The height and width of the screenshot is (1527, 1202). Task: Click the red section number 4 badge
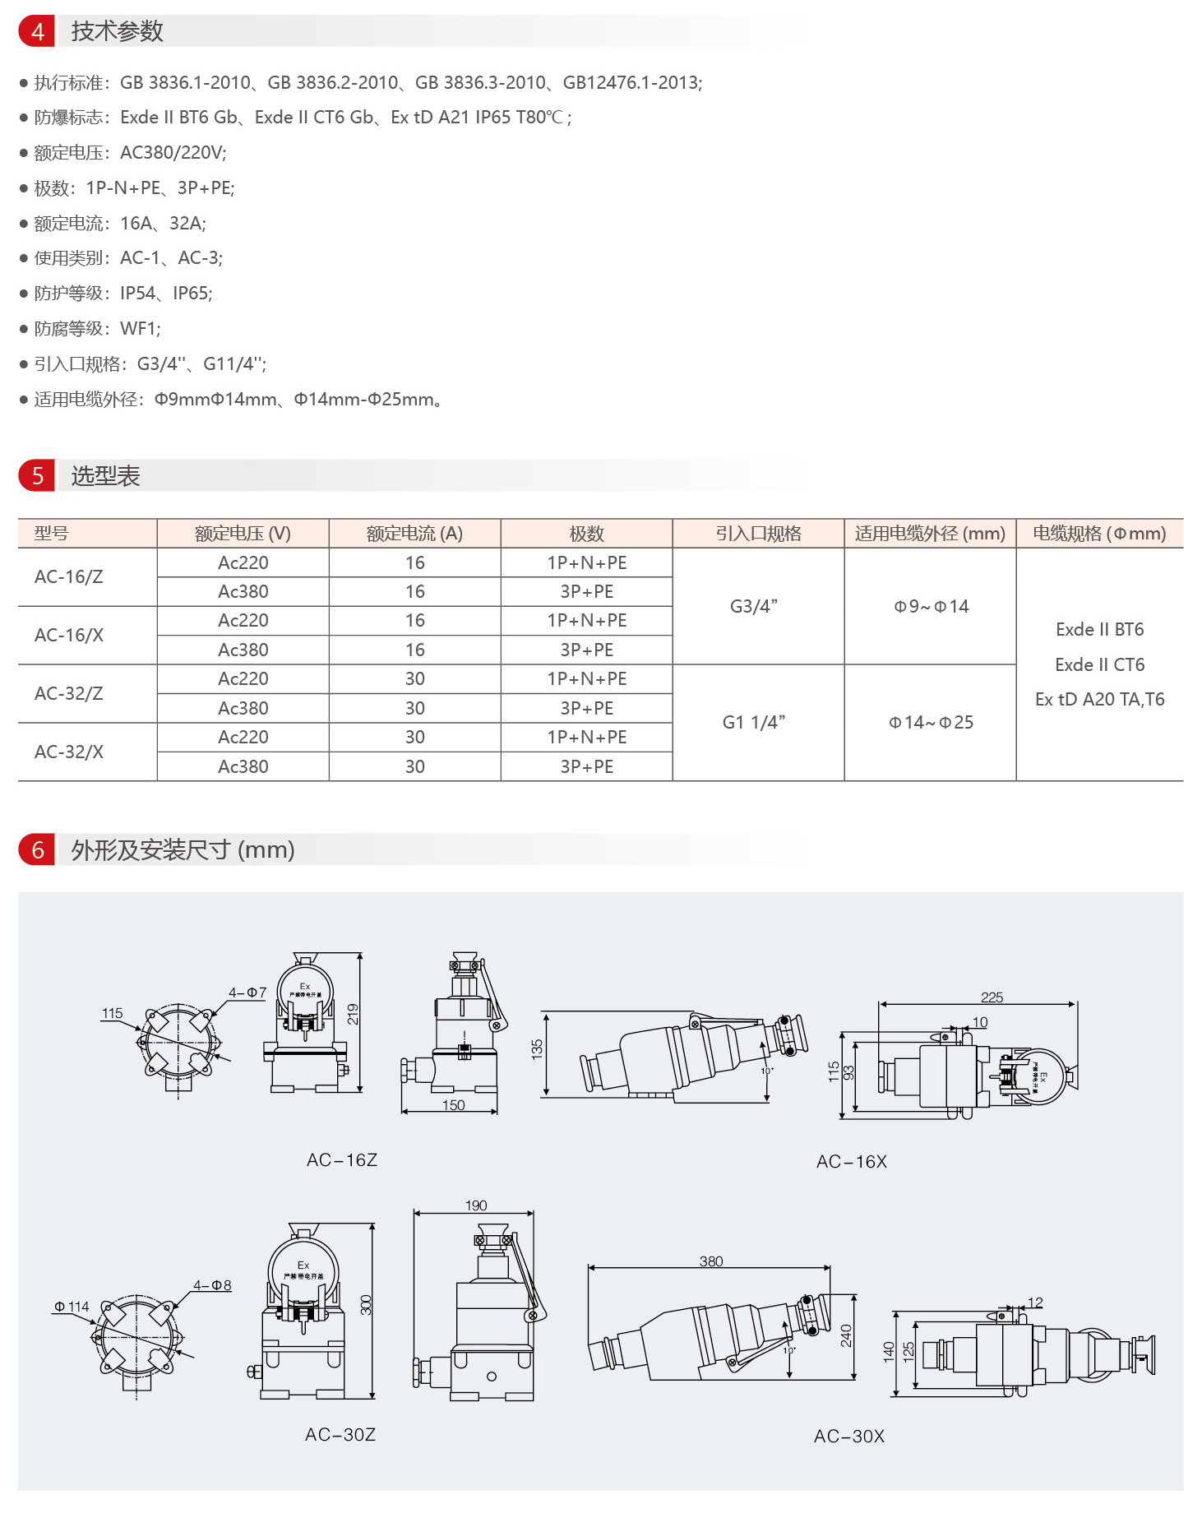coord(37,31)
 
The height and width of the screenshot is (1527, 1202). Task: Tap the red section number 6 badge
coord(37,849)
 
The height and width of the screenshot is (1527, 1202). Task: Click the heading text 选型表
coord(105,476)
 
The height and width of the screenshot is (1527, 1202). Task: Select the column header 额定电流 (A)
coord(414,534)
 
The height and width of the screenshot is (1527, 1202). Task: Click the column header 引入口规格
coord(758,534)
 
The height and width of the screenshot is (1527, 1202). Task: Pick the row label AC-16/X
coord(69,635)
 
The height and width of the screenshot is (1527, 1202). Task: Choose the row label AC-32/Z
coord(69,693)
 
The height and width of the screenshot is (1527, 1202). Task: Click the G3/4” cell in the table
coord(754,606)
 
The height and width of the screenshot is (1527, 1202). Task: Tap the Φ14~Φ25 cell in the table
coord(931,722)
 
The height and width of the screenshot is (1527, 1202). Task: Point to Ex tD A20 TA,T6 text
coord(1099,699)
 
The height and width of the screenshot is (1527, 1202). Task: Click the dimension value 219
coord(353,1014)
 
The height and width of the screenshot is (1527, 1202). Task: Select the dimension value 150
coord(453,1105)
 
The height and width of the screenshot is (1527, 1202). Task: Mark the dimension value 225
coord(992,997)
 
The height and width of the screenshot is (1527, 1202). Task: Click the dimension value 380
coord(711,1261)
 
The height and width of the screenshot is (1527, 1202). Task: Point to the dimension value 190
coord(476,1205)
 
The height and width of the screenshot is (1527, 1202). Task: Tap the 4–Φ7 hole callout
coord(247,993)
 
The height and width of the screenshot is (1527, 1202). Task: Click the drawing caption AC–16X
coord(852,1161)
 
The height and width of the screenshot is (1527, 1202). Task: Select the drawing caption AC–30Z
coord(340,1434)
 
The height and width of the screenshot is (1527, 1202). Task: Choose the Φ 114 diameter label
coord(72,1306)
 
